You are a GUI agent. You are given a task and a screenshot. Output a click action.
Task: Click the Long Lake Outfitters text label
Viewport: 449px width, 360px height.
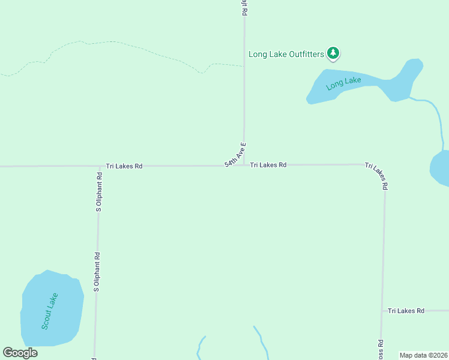(286, 55)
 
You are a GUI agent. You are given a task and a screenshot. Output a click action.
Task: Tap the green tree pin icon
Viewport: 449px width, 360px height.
(333, 54)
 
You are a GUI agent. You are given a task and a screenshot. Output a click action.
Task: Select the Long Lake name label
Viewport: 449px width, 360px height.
(343, 83)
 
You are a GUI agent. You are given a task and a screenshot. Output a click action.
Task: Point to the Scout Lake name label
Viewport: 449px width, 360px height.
(50, 311)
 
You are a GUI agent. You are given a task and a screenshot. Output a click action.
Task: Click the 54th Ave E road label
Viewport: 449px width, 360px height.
(235, 155)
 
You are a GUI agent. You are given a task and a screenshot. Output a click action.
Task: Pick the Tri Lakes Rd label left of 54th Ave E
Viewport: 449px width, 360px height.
(124, 166)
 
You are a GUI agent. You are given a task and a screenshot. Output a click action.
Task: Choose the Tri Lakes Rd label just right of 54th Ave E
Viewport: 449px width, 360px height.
(268, 164)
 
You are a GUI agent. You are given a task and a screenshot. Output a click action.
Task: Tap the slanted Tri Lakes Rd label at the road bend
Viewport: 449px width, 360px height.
(376, 175)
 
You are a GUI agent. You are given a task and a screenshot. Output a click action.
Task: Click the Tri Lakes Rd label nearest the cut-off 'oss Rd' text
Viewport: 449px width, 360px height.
(406, 311)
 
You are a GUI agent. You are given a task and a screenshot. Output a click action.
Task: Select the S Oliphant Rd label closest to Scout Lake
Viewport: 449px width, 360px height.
(96, 272)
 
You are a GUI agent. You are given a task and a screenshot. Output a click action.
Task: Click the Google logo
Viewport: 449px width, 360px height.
(20, 353)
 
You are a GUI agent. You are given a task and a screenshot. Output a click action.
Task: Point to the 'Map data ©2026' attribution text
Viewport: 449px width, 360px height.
(423, 355)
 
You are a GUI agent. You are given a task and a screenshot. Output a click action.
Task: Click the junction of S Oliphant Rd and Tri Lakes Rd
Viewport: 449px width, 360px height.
(100, 166)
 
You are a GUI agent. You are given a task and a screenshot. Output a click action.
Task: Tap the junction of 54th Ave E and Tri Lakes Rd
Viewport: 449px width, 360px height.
(244, 165)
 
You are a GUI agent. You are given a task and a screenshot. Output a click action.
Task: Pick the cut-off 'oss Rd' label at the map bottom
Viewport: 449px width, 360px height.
(381, 350)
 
